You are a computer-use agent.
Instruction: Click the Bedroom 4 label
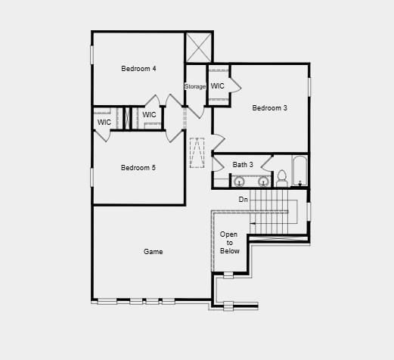tap(138, 69)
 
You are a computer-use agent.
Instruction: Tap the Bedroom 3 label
tap(269, 108)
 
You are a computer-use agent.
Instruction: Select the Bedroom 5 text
tap(138, 168)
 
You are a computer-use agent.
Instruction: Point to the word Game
tap(153, 252)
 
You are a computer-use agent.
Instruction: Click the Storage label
tap(195, 86)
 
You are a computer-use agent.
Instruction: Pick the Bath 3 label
tap(243, 165)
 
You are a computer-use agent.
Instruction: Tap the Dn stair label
tap(244, 200)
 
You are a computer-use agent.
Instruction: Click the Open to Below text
tap(229, 243)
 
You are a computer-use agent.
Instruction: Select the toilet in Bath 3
tap(282, 178)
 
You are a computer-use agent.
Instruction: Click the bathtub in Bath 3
tap(300, 171)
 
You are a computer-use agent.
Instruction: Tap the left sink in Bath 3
tap(239, 181)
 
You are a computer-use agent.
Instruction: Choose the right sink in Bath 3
tap(263, 181)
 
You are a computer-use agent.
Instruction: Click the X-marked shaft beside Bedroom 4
tap(199, 48)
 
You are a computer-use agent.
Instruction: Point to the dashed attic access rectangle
tap(197, 153)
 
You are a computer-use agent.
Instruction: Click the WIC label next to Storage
tap(217, 86)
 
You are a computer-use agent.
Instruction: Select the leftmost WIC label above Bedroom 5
tap(104, 123)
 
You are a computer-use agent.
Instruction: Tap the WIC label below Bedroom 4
tap(149, 115)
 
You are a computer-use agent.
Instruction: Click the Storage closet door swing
tap(196, 112)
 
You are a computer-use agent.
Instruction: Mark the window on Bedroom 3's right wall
tap(309, 87)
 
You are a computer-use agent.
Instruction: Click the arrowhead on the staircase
tap(253, 223)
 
